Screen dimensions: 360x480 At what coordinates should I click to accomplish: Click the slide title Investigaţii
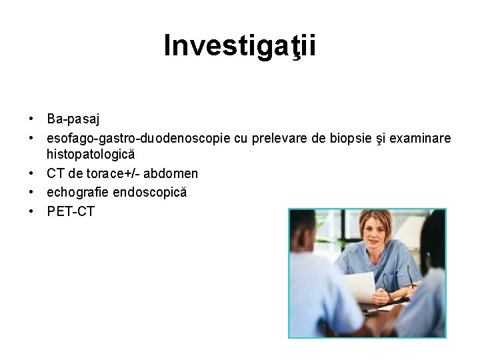240,46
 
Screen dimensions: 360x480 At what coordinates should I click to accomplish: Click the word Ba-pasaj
73,119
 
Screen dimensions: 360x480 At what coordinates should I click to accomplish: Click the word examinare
420,138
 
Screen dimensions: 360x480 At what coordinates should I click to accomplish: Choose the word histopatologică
91,154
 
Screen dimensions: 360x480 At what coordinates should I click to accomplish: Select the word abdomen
171,173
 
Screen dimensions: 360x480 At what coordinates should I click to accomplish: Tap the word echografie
77,192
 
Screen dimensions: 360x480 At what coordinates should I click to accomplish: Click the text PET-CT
71,211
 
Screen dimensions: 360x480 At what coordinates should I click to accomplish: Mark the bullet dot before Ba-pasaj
31,119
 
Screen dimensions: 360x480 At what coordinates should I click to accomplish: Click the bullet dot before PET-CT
31,211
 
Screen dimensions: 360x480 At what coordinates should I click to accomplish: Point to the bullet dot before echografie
31,192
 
